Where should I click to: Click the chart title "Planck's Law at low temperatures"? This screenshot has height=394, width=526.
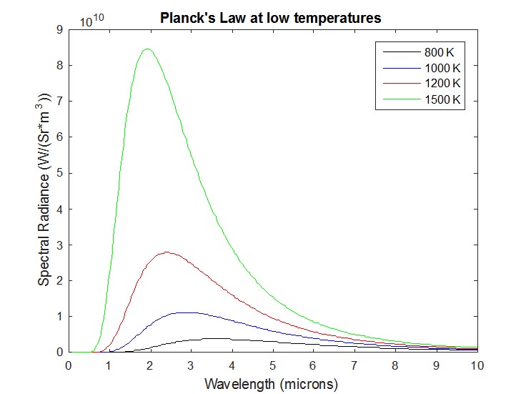(272, 18)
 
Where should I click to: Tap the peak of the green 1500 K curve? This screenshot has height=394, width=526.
(147, 49)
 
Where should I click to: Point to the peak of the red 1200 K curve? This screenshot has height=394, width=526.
(167, 252)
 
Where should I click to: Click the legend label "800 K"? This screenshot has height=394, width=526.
(439, 52)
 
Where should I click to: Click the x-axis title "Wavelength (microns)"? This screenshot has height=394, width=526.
(271, 383)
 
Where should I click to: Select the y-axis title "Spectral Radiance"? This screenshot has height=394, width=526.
(44, 189)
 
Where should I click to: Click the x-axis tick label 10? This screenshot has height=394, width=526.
(477, 365)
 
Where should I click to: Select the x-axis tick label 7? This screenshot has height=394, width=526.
(354, 365)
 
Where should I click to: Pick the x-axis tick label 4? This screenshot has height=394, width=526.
(232, 365)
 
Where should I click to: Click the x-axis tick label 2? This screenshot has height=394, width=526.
(150, 365)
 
